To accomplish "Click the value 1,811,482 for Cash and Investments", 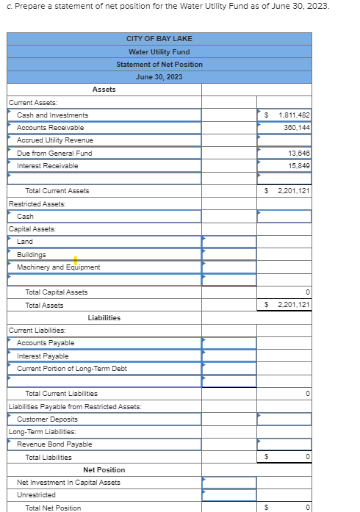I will pyautogui.click(x=294, y=115).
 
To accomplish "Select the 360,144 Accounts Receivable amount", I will pyautogui.click(x=296, y=128).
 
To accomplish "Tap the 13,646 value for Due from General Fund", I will pyautogui.click(x=298, y=154).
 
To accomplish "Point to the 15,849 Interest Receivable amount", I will pyautogui.click(x=298, y=166).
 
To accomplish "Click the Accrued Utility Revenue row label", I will pyautogui.click(x=55, y=140).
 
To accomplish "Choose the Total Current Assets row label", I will pyautogui.click(x=57, y=191).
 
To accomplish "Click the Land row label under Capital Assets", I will pyautogui.click(x=25, y=242).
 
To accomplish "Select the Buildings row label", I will pyautogui.click(x=32, y=255).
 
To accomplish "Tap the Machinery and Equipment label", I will pyautogui.click(x=59, y=267).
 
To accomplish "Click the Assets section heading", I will pyautogui.click(x=104, y=90).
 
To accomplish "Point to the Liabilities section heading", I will pyautogui.click(x=104, y=318).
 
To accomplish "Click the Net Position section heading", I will pyautogui.click(x=104, y=470).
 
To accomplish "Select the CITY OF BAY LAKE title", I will pyautogui.click(x=159, y=39).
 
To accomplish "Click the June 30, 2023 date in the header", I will pyautogui.click(x=159, y=77).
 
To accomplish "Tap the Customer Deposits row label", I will pyautogui.click(x=47, y=419).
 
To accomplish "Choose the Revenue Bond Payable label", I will pyautogui.click(x=54, y=444).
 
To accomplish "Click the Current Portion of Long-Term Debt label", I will pyautogui.click(x=72, y=369).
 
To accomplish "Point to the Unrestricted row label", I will pyautogui.click(x=36, y=495).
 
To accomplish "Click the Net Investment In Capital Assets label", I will pyautogui.click(x=68, y=483).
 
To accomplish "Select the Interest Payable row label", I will pyautogui.click(x=43, y=356).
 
